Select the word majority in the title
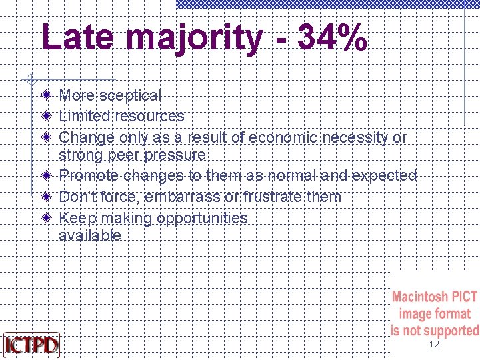pyautogui.click(x=194, y=39)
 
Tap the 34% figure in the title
pyautogui.click(x=332, y=37)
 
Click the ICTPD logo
pyautogui.click(x=31, y=345)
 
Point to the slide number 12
pyautogui.click(x=434, y=345)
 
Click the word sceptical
pyautogui.click(x=130, y=96)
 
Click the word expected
pyautogui.click(x=384, y=175)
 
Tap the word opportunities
pyautogui.click(x=202, y=218)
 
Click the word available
pyautogui.click(x=90, y=235)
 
